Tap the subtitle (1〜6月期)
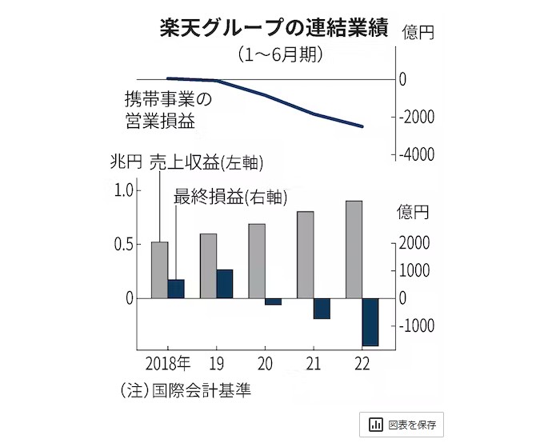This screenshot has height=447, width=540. [x=279, y=55]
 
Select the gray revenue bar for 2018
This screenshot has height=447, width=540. [x=159, y=269]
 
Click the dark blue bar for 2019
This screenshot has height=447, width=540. [x=225, y=284]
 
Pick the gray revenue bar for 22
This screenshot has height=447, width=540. [x=353, y=249]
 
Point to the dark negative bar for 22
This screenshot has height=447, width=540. [x=370, y=321]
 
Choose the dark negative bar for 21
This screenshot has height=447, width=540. [x=322, y=308]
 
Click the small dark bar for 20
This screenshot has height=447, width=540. [x=273, y=301]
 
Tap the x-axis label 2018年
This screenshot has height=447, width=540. [x=169, y=364]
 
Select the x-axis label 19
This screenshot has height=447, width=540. [x=217, y=364]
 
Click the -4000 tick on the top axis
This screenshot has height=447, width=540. [x=417, y=154]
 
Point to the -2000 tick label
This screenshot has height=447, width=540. [x=417, y=117]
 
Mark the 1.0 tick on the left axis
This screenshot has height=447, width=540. [x=126, y=190]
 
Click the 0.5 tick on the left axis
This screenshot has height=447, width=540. [x=126, y=244]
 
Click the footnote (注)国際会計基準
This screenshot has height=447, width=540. [x=190, y=390]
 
